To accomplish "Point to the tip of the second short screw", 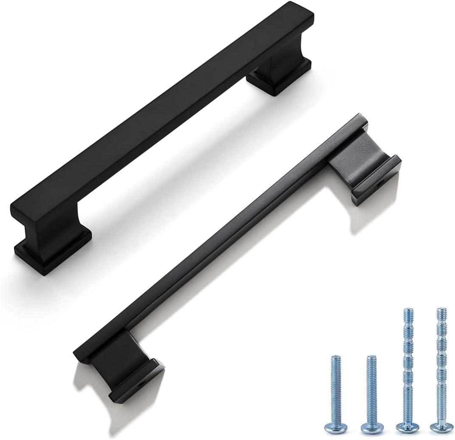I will [x=371, y=358].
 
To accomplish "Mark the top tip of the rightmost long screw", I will [x=442, y=309].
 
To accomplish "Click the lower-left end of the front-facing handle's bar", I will [x=21, y=213].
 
